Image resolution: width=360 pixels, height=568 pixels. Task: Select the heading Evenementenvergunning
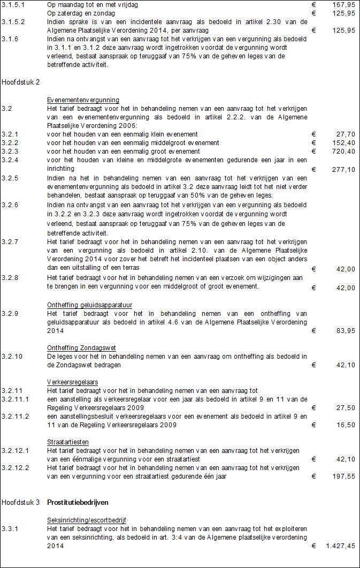(x=83, y=100)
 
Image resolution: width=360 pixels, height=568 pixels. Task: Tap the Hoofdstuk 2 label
(x=21, y=82)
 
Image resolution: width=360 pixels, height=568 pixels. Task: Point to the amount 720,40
(x=343, y=152)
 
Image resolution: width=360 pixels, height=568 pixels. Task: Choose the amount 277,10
(x=343, y=170)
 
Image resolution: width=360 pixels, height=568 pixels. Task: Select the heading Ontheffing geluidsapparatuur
(x=89, y=305)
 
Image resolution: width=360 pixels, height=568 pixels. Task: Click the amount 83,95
(x=344, y=331)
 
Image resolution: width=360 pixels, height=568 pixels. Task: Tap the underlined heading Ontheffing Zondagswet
(x=81, y=348)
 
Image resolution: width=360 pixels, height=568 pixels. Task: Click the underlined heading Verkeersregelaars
(x=73, y=382)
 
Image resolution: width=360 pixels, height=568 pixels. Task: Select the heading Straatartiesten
(x=68, y=442)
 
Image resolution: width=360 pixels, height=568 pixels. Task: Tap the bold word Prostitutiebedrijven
(x=78, y=503)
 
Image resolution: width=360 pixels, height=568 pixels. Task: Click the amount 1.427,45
(x=340, y=546)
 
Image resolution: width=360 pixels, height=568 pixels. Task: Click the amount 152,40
(x=343, y=143)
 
